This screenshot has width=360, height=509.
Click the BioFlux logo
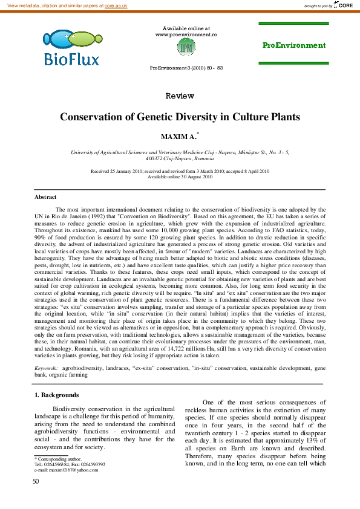(x=71, y=48)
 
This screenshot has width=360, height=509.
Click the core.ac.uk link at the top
(x=117, y=5)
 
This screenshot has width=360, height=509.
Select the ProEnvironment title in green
(x=293, y=45)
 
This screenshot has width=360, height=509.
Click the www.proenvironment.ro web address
(x=186, y=35)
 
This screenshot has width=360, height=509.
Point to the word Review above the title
(x=180, y=96)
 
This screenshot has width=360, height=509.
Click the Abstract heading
(x=45, y=197)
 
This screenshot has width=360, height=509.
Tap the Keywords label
(x=46, y=368)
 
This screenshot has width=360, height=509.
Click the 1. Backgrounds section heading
(x=56, y=395)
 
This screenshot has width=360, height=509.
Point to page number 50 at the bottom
(x=36, y=498)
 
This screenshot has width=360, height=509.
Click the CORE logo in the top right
(x=343, y=5)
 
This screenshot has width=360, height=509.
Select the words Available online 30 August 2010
(x=180, y=177)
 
